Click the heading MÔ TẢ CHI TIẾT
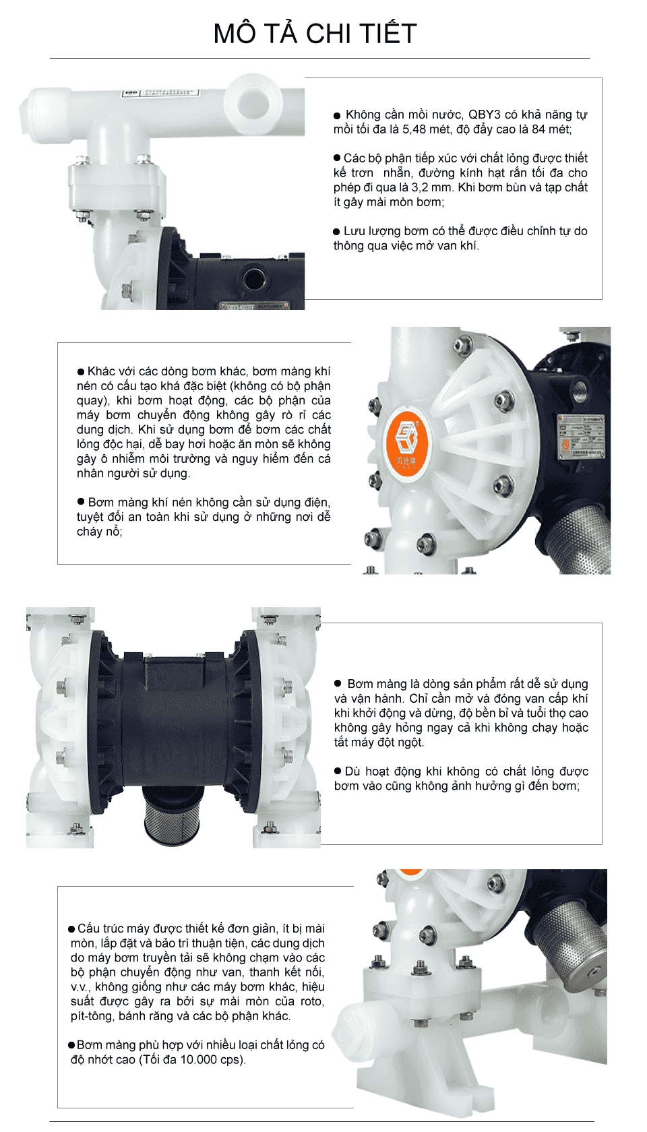tap(315, 33)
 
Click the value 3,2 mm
tap(431, 187)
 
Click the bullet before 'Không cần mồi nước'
tap(337, 116)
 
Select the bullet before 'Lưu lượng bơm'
tap(337, 232)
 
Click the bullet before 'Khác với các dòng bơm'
tap(80, 372)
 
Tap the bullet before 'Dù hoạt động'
tap(338, 771)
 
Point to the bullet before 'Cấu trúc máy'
tap(71, 929)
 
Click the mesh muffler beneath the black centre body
tap(171, 814)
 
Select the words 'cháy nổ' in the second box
tap(100, 532)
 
